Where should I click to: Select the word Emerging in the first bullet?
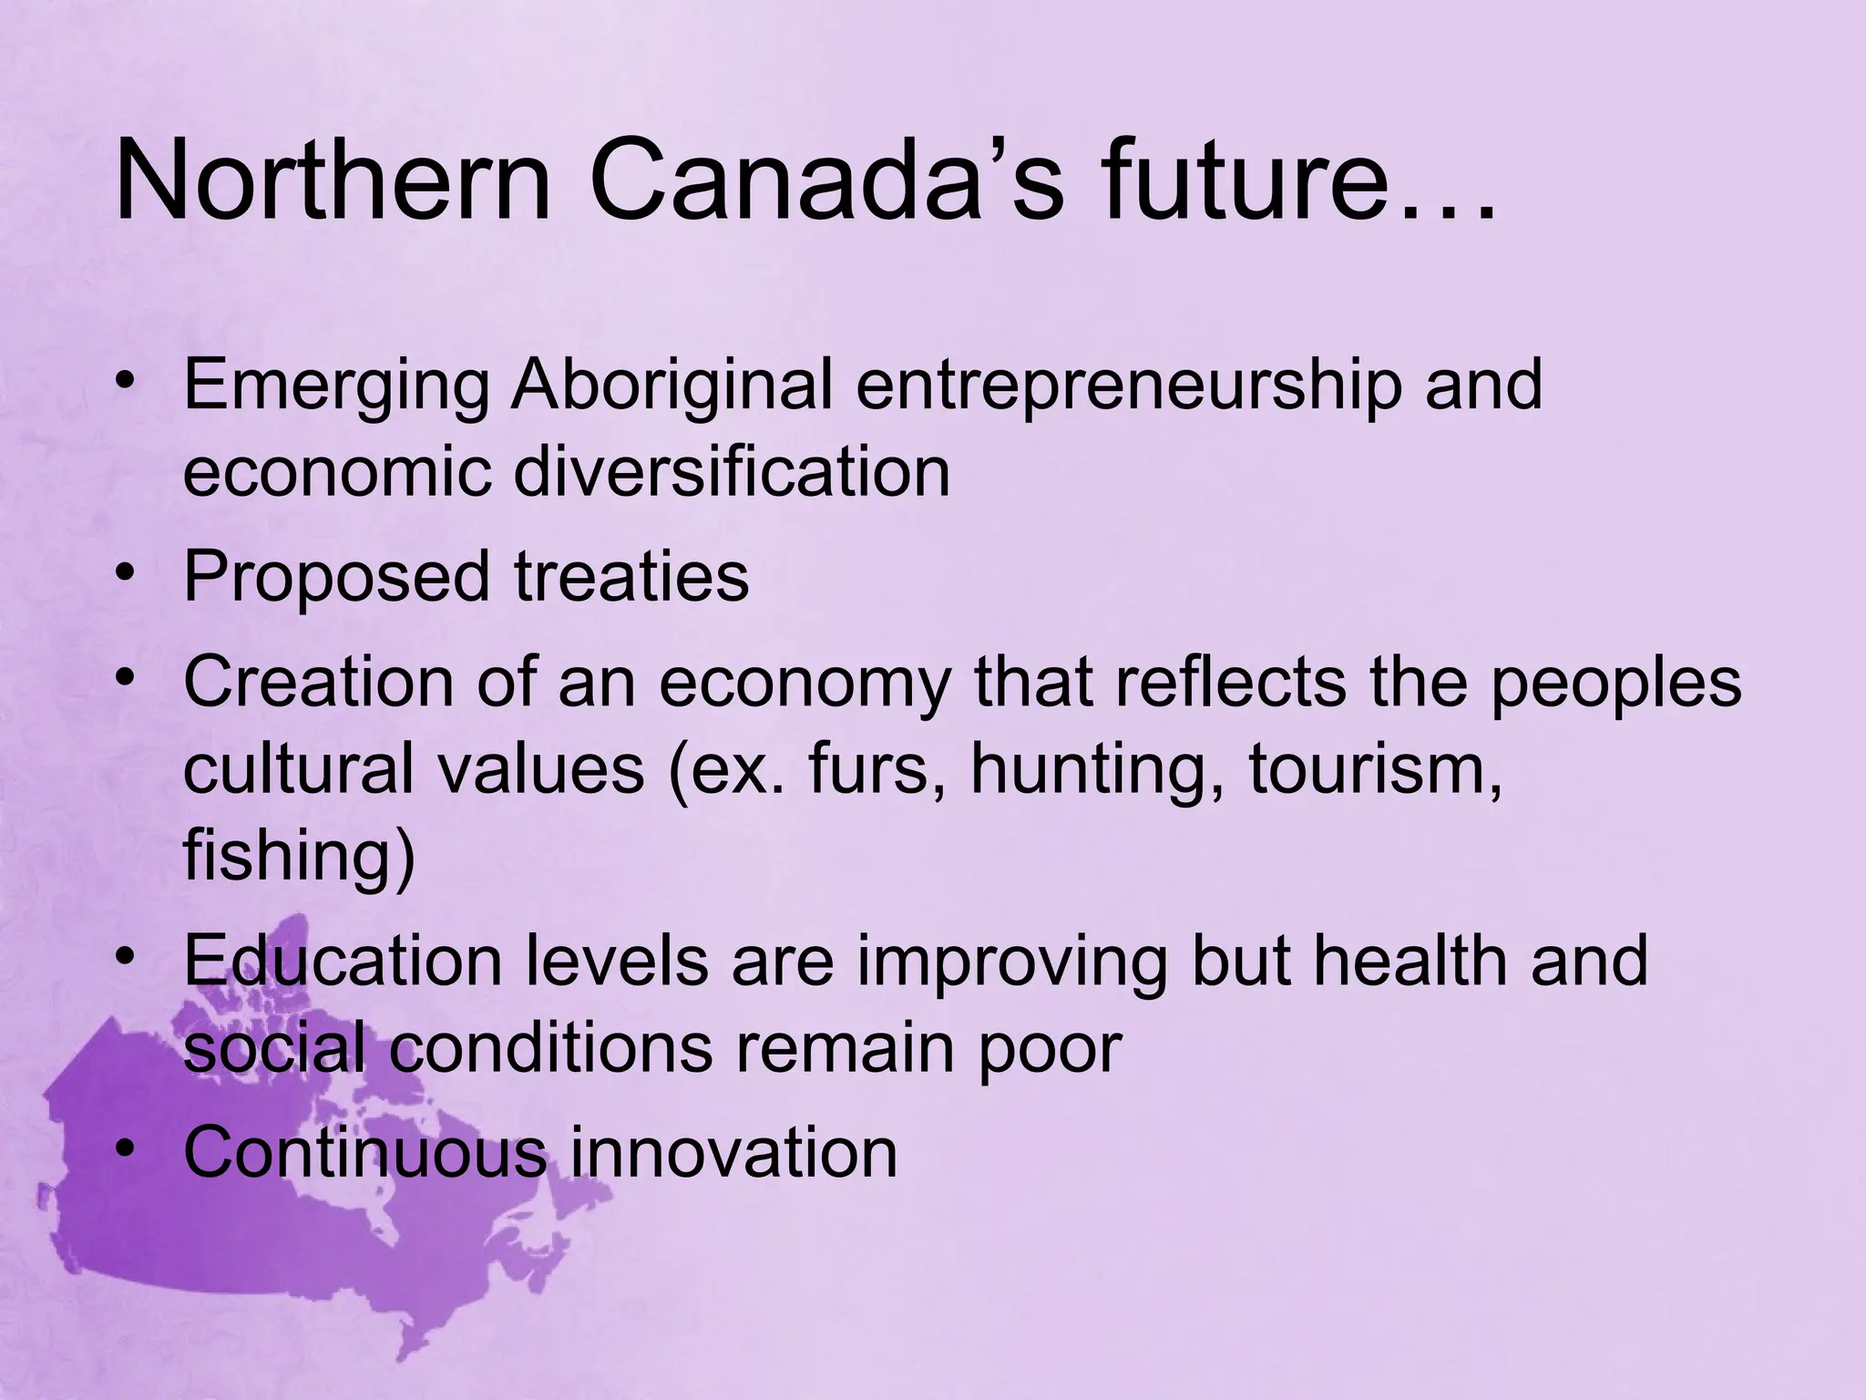tap(337, 387)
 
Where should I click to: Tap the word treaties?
tap(631, 576)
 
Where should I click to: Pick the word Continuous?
tap(364, 1152)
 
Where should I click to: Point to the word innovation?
tap(733, 1152)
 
